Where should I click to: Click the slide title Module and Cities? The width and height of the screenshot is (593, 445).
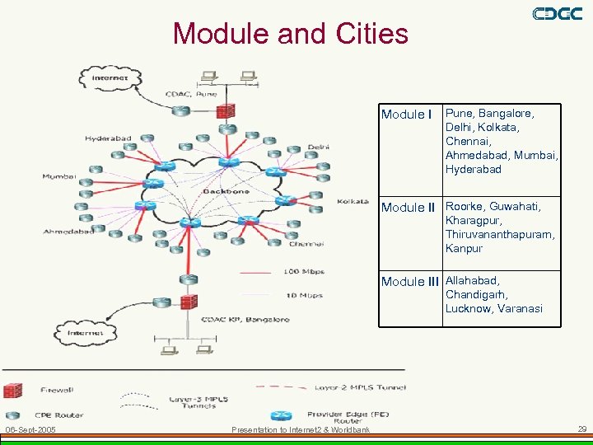(290, 34)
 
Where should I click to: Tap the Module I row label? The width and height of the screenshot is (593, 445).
(407, 115)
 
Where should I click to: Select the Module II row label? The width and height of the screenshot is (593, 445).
(409, 208)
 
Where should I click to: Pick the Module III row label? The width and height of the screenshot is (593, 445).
(410, 282)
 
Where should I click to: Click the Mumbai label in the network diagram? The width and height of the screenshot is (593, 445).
(59, 176)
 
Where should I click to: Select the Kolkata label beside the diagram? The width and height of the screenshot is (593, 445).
(353, 202)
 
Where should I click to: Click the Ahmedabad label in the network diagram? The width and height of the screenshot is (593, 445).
(68, 232)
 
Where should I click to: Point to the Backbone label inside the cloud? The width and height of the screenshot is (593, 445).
(221, 191)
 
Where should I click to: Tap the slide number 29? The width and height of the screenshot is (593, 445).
(581, 429)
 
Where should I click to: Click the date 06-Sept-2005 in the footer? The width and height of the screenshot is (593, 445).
(30, 430)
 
